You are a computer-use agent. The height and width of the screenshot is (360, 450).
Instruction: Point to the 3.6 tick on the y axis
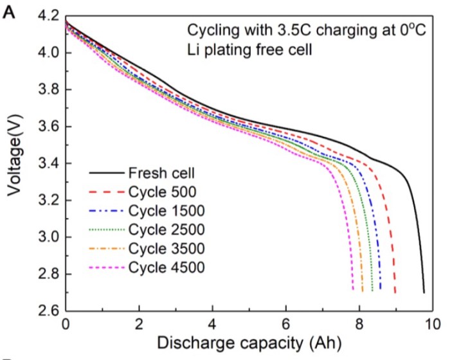pos(48,127)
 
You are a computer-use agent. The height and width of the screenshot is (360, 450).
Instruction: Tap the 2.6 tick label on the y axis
pos(48,312)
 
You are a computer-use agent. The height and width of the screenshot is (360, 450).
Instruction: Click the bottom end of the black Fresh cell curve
pos(424,292)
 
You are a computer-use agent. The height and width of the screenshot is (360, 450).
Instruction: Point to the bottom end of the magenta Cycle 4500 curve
pos(353,290)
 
